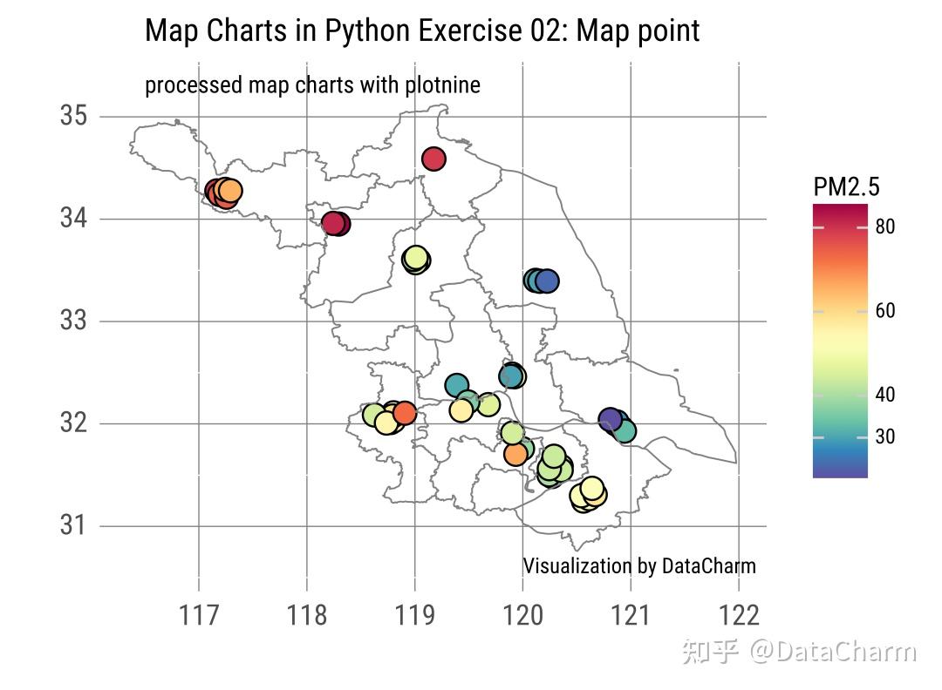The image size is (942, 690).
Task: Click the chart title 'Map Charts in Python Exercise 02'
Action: [421, 30]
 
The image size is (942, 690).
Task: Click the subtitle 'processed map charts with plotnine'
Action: [312, 85]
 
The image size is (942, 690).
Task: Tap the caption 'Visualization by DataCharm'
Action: [638, 566]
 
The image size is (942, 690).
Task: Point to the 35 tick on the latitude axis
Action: [74, 116]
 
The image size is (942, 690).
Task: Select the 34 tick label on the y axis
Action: [74, 219]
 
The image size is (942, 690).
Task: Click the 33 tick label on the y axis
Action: [74, 321]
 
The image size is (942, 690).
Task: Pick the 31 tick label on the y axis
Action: [74, 525]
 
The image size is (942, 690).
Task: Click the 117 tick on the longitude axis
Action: [200, 615]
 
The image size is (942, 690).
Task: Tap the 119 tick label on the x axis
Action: [414, 615]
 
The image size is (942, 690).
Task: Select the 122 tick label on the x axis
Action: [738, 615]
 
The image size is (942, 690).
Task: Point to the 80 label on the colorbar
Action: [884, 227]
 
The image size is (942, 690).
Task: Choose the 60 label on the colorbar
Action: [884, 311]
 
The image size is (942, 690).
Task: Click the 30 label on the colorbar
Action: [884, 436]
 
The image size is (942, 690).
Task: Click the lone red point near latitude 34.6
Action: [434, 159]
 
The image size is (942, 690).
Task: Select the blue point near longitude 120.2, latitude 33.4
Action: [547, 281]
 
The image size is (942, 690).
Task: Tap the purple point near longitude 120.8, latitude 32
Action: [611, 420]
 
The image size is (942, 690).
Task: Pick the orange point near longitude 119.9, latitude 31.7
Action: [515, 454]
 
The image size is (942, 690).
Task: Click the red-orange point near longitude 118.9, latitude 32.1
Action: [404, 412]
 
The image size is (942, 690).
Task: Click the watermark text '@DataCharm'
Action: [835, 652]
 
